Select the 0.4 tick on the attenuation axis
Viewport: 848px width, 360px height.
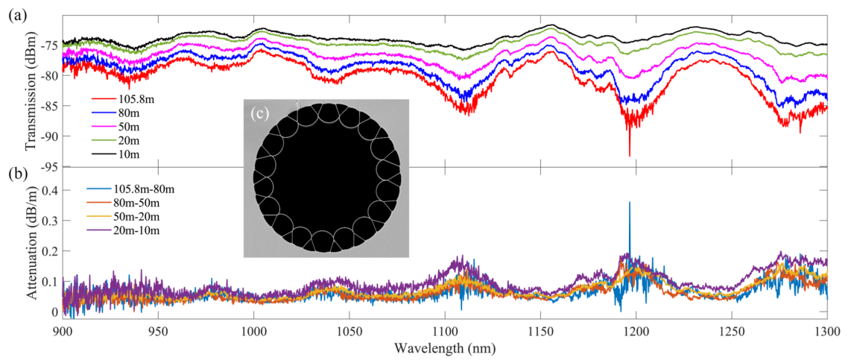point(49,192)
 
